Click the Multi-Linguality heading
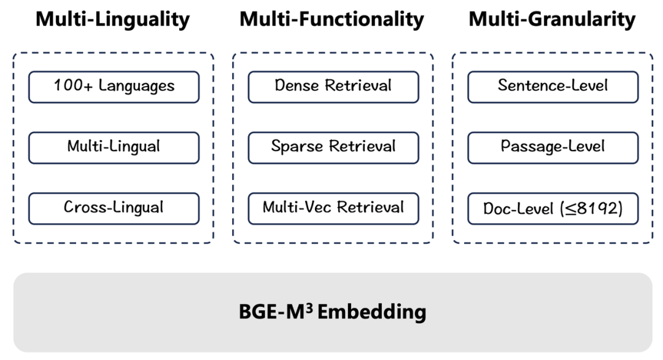pos(113,19)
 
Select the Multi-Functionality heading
pos(331,19)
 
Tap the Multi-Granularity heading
pos(552,19)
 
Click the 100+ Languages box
pos(114,87)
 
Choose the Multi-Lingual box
pos(114,147)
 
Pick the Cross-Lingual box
pos(114,208)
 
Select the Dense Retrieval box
pos(333,87)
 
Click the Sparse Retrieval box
pos(333,147)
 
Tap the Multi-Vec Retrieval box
pos(333,208)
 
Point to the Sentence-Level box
pos(552,87)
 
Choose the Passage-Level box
pos(552,147)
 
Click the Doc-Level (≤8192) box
pos(552,208)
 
